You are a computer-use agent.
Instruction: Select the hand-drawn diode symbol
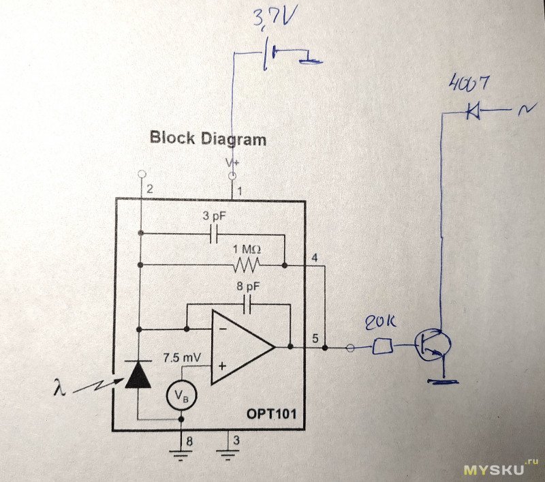pyautogui.click(x=472, y=111)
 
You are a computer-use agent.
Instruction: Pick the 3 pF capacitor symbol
pyautogui.click(x=213, y=234)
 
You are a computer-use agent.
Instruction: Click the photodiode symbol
pyautogui.click(x=139, y=374)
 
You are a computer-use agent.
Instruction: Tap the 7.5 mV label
pyautogui.click(x=181, y=356)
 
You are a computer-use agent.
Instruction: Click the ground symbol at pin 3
pyautogui.click(x=227, y=450)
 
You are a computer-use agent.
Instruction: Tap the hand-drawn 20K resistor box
pyautogui.click(x=382, y=347)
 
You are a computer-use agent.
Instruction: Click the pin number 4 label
pyautogui.click(x=314, y=258)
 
